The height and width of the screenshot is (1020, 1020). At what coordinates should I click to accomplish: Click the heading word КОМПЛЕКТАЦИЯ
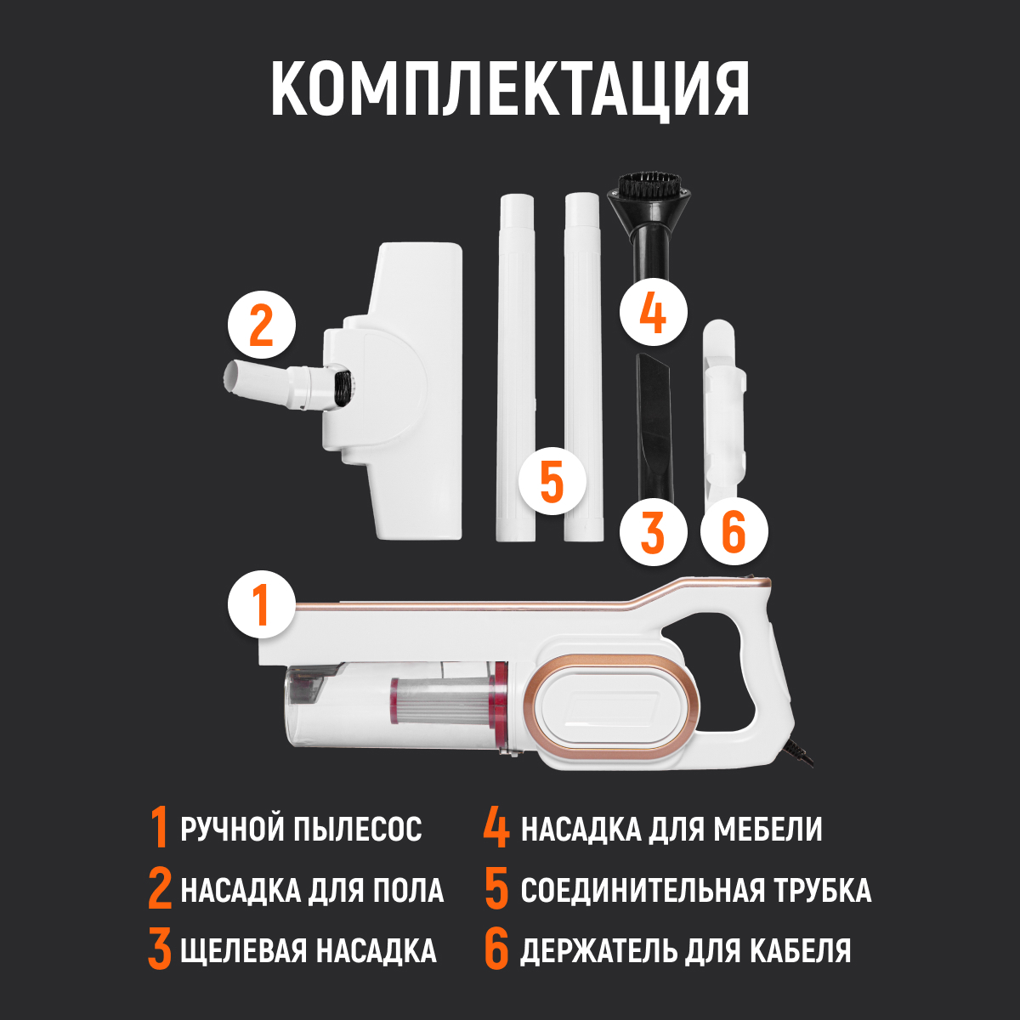[x=510, y=89]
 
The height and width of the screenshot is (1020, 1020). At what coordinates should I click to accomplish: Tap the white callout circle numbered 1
[x=261, y=603]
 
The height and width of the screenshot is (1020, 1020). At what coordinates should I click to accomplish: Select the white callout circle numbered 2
[x=261, y=326]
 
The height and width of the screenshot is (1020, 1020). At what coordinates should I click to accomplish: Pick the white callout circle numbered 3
[x=652, y=532]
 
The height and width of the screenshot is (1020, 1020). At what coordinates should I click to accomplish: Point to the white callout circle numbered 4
[x=652, y=312]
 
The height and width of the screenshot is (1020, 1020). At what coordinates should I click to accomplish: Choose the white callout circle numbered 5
[x=552, y=481]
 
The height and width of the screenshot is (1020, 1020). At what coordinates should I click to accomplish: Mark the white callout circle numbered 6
[x=734, y=532]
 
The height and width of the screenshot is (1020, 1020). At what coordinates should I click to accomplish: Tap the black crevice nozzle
[x=654, y=425]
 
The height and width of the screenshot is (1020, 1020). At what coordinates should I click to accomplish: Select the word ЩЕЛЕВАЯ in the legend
[x=243, y=950]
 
